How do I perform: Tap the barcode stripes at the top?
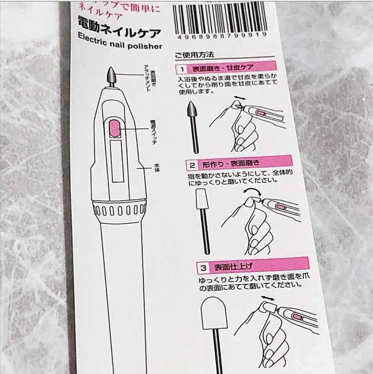[220, 18]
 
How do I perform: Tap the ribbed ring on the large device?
[119, 209]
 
